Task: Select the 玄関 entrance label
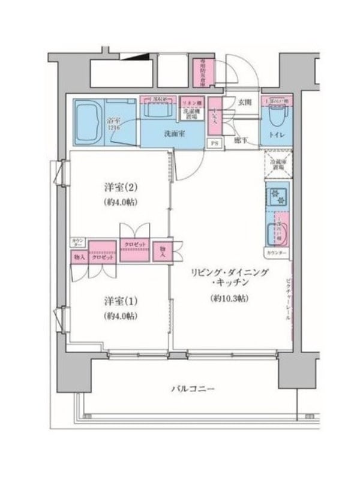click(244, 103)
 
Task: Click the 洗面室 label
click(174, 133)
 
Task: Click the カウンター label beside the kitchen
click(275, 253)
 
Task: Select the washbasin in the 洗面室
click(157, 112)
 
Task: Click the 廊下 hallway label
click(241, 140)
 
